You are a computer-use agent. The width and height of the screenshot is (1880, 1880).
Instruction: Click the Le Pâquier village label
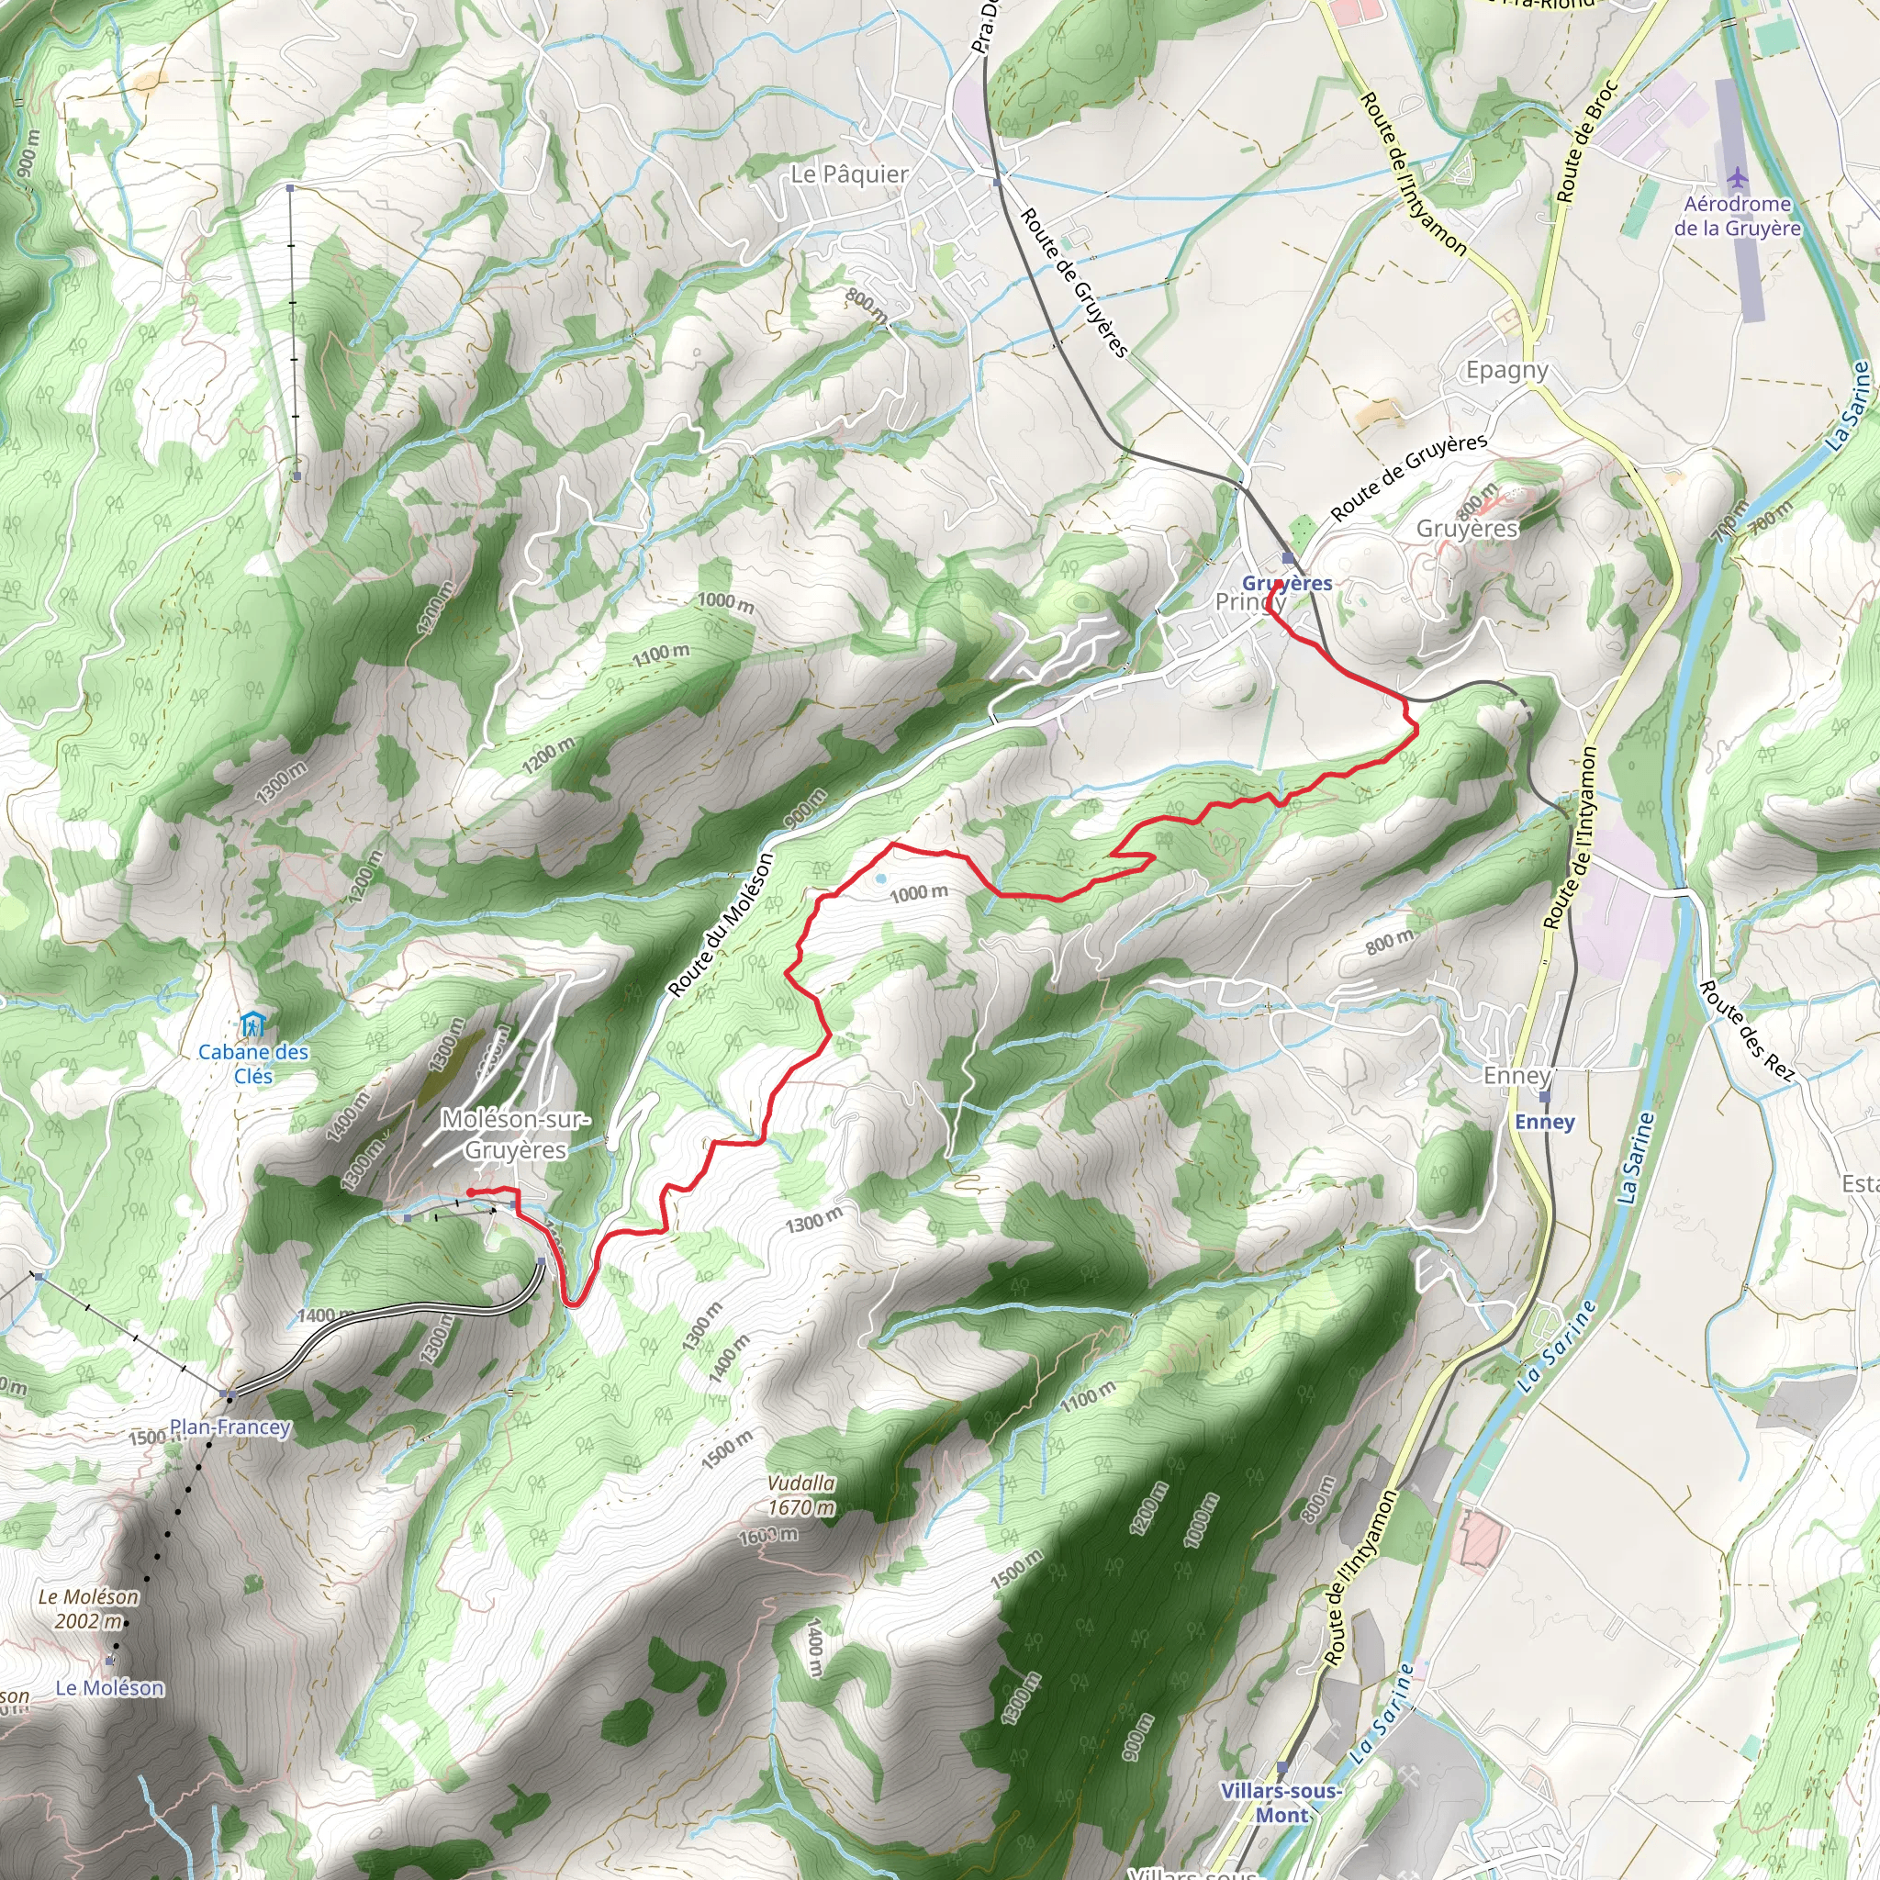point(849,174)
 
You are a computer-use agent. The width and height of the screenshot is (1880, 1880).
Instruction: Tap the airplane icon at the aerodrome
point(1738,178)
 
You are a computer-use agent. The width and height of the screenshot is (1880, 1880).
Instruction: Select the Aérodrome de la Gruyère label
point(1737,216)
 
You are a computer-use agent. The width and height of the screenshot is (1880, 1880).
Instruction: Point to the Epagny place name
point(1507,370)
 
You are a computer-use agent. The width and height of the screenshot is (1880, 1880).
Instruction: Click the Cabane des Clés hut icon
point(252,1024)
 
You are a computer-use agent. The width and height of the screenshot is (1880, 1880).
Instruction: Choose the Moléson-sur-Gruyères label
point(515,1135)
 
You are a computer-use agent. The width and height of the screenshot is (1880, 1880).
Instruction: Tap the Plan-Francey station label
point(230,1427)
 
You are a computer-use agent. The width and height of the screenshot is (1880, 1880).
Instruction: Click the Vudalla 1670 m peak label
point(800,1494)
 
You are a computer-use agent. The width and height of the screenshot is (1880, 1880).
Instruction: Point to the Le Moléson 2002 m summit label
point(88,1608)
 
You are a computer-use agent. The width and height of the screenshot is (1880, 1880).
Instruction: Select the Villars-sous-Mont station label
point(1281,1803)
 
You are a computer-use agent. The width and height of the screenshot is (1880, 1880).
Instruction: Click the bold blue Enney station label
point(1544,1122)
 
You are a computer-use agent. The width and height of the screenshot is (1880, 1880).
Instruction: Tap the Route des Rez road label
point(1746,1031)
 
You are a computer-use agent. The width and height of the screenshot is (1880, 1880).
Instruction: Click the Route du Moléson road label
point(721,924)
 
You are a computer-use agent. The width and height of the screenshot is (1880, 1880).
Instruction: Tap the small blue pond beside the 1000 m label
point(880,878)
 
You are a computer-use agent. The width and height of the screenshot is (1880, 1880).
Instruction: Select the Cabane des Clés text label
point(253,1064)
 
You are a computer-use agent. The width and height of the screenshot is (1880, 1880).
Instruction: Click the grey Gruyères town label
point(1466,529)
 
